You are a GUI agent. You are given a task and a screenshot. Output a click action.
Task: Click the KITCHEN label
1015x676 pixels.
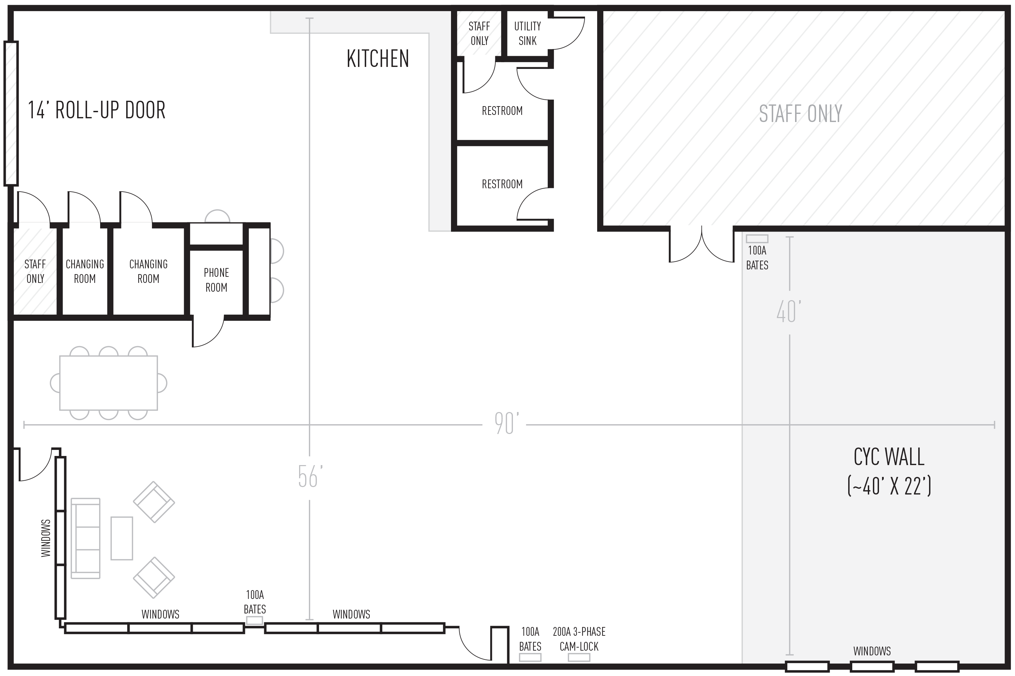(378, 59)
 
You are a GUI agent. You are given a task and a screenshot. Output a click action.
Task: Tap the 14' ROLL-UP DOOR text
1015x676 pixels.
(97, 111)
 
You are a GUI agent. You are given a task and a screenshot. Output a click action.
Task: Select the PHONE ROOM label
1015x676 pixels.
(216, 280)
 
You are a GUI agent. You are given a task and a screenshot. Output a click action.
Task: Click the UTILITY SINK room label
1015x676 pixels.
(527, 33)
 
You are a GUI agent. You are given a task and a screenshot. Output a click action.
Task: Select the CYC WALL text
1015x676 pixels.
(889, 457)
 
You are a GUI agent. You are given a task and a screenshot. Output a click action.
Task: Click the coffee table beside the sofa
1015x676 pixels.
(122, 538)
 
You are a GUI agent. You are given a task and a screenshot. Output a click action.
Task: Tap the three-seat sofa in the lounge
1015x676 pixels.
(86, 538)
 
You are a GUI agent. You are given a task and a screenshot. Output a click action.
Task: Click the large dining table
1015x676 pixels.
(108, 383)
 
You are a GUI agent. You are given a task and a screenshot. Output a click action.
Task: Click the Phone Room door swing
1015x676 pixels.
(208, 331)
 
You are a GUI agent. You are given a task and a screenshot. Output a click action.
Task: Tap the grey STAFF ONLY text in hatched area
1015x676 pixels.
(800, 114)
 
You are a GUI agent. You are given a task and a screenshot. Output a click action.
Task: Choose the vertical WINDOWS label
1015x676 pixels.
(46, 538)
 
